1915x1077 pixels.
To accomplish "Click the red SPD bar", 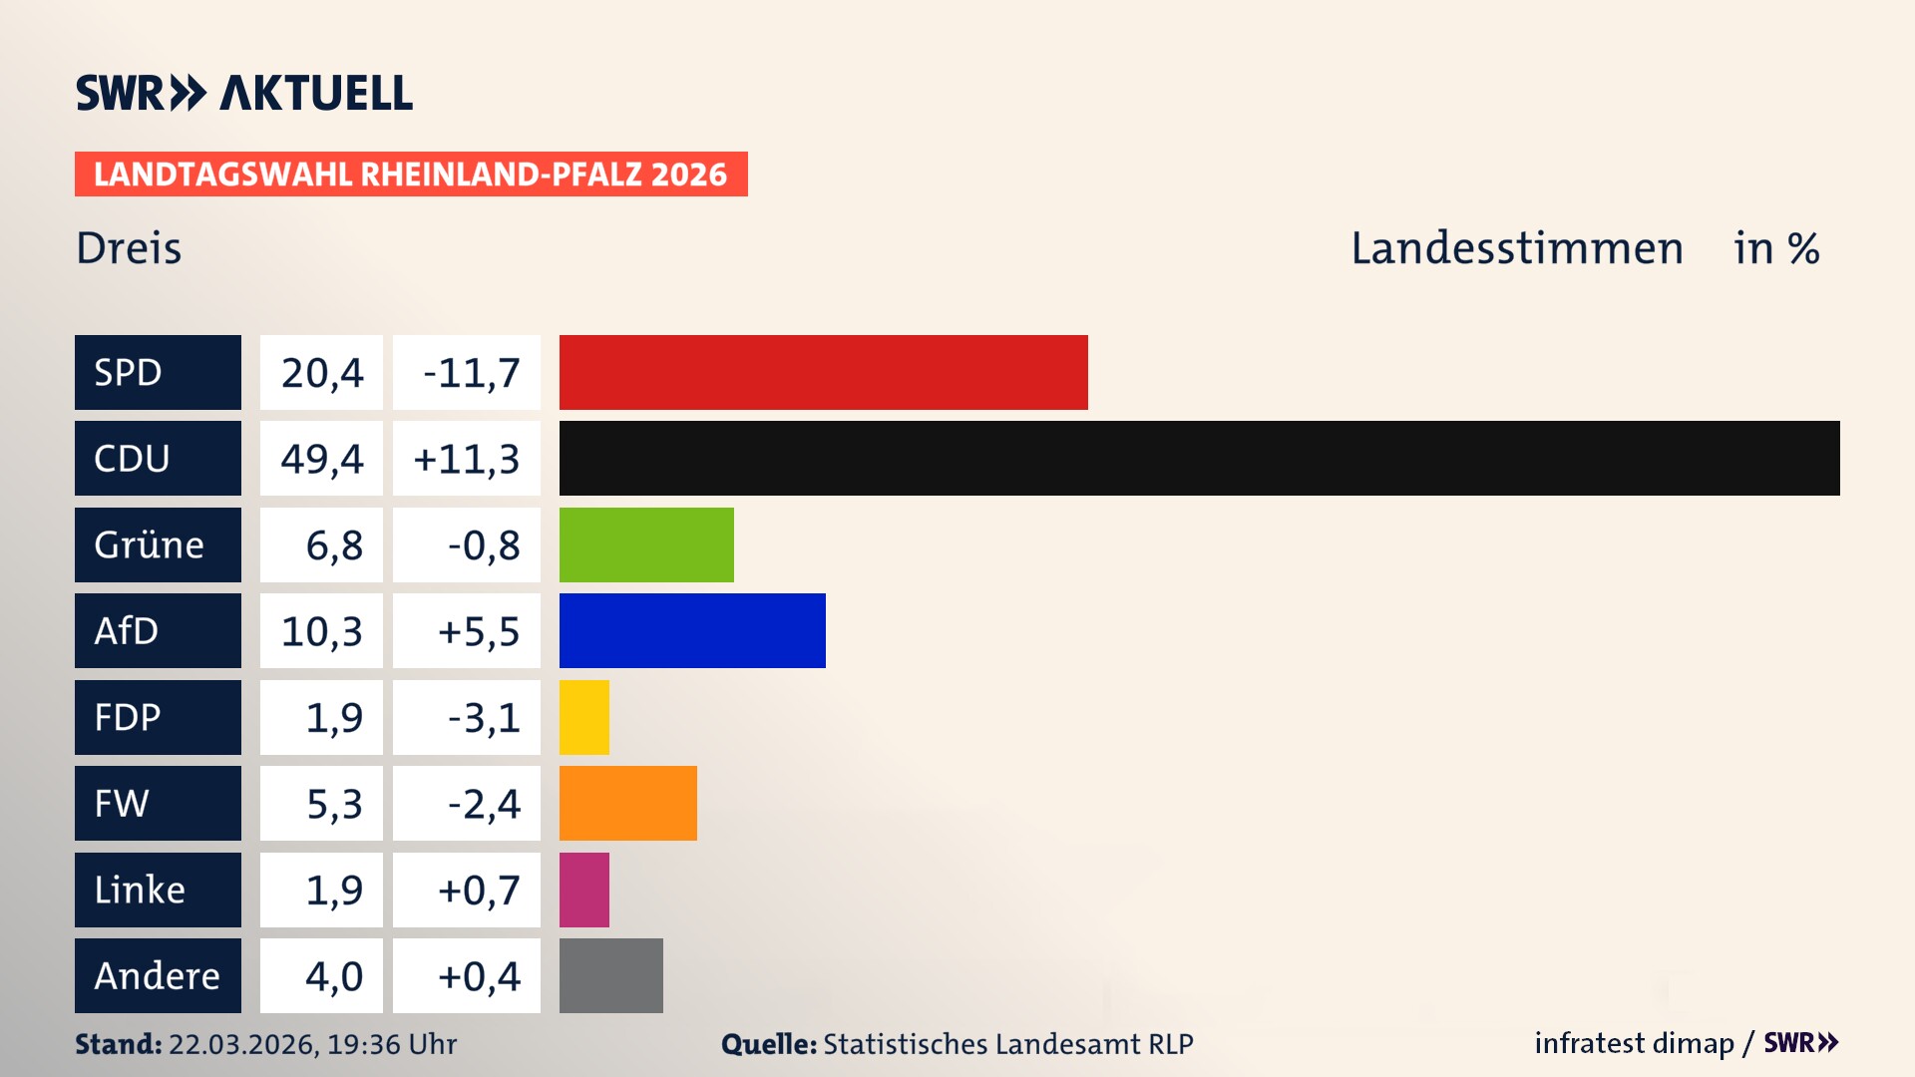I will pyautogui.click(x=823, y=372).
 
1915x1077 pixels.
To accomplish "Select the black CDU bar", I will pyautogui.click(x=1199, y=458).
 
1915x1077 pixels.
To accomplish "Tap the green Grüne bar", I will pyautogui.click(x=646, y=544).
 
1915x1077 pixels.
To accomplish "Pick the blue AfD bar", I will pyautogui.click(x=692, y=630).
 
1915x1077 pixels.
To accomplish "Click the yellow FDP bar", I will pyautogui.click(x=584, y=717).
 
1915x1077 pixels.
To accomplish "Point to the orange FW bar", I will pyautogui.click(x=628, y=803).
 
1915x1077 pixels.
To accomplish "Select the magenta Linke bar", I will pyautogui.click(x=584, y=890).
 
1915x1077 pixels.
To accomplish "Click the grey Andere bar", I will pyautogui.click(x=611, y=975).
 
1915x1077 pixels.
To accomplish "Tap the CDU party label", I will pyautogui.click(x=158, y=458).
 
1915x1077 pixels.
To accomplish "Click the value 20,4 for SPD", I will pyautogui.click(x=321, y=372).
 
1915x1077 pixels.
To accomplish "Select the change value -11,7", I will pyautogui.click(x=467, y=372).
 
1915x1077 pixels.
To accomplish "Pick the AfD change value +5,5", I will pyautogui.click(x=467, y=630).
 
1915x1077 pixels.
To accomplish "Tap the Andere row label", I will pyautogui.click(x=158, y=975).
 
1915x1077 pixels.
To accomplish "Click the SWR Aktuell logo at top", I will pyautogui.click(x=244, y=93).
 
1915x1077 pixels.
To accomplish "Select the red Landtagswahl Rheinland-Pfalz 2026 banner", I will pyautogui.click(x=411, y=174).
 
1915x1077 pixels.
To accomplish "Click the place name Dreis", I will pyautogui.click(x=129, y=248).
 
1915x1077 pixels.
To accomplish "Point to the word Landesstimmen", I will pyautogui.click(x=1516, y=248).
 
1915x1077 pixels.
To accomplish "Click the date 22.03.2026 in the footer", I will pyautogui.click(x=240, y=1044).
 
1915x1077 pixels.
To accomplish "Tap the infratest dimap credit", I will pyautogui.click(x=1634, y=1043).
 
